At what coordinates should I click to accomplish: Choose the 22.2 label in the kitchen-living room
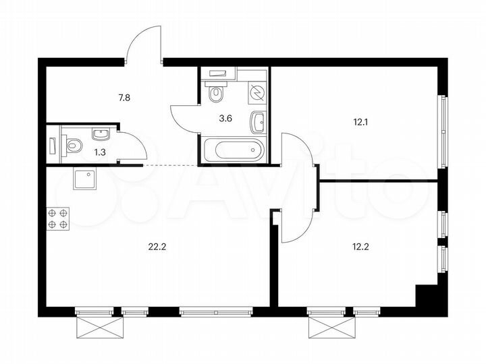pos(157,245)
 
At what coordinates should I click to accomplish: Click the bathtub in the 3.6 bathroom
pos(232,149)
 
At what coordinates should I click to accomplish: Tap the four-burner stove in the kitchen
pos(57,219)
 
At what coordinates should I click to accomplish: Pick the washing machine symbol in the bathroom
pos(257,93)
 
